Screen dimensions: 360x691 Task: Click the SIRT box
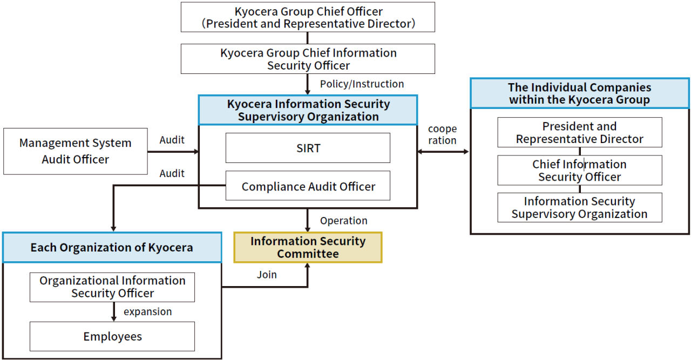pos(308,148)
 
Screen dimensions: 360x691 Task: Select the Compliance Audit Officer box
pos(308,186)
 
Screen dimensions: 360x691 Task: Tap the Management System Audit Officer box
pos(75,151)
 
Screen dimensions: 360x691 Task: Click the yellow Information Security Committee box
pos(308,247)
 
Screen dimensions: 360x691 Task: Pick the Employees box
pos(112,336)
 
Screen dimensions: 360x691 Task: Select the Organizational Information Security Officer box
pos(112,287)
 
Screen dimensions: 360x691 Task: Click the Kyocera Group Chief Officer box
pos(308,17)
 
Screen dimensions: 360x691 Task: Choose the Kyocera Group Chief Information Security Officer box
pos(308,59)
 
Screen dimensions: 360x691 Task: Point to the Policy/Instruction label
pos(362,84)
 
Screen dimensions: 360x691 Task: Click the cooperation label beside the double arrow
pos(442,135)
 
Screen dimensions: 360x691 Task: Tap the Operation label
pos(343,221)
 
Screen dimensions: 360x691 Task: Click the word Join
pos(267,275)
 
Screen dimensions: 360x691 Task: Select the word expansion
pos(148,312)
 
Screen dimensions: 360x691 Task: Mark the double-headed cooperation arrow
pos(443,152)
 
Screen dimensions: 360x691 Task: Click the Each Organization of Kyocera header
pos(112,248)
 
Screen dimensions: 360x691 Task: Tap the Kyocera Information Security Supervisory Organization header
pos(308,110)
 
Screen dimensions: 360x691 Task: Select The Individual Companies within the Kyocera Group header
pos(579,93)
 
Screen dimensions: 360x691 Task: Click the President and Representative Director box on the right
pos(579,132)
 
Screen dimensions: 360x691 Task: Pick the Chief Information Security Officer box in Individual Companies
pos(579,171)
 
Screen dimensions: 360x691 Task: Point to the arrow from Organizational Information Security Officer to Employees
pos(113,312)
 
